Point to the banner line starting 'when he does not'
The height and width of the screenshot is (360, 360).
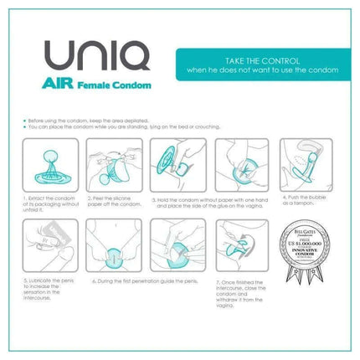coord(256,71)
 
